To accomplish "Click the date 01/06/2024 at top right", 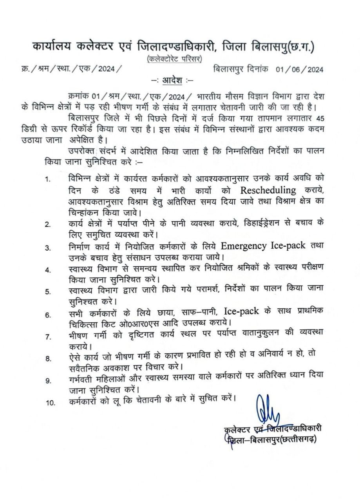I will point(299,70).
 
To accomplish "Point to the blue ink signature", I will point(268,409).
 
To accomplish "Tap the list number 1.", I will point(48,179).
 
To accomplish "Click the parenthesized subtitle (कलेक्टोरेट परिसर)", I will point(174,59).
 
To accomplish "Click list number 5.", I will point(48,291).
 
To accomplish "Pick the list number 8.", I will point(48,358).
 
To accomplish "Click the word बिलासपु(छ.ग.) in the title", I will point(284,47).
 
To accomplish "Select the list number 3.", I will point(48,248).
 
